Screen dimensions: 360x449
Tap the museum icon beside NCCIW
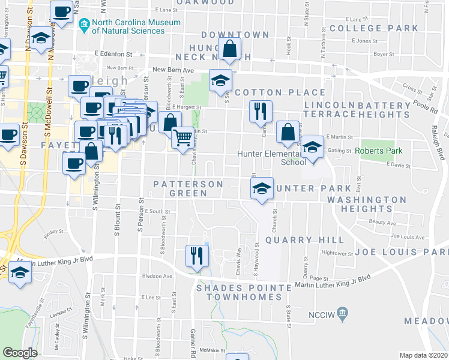343,313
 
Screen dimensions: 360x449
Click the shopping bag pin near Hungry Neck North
229,50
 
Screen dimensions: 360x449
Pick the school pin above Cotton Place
220,80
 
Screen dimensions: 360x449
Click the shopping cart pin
182,137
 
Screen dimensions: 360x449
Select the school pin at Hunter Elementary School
312,147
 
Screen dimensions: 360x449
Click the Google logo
20,353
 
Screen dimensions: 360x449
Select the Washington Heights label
367,204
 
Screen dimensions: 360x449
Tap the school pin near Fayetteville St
20,274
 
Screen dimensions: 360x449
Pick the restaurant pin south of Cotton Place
261,110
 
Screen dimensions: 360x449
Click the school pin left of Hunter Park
261,188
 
